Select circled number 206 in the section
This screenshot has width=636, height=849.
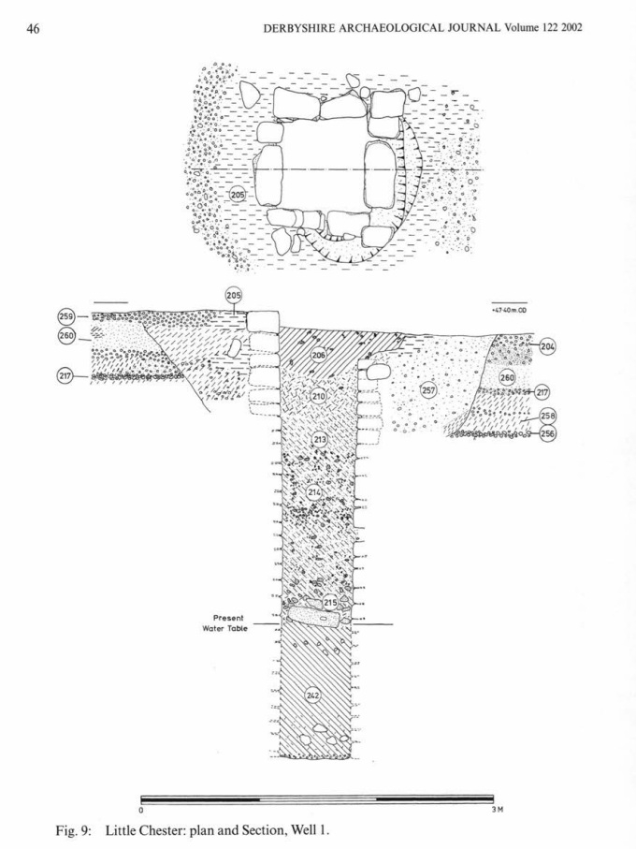tap(318, 355)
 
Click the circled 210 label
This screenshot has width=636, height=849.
tap(318, 397)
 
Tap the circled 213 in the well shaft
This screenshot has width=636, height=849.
tap(320, 439)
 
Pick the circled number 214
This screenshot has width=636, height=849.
tap(314, 491)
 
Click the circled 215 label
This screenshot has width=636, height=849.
tap(330, 604)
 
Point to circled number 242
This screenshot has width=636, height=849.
tap(313, 694)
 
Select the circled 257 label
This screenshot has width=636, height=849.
tap(428, 390)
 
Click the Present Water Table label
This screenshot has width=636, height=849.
tap(229, 623)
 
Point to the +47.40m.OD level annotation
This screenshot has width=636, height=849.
tap(509, 310)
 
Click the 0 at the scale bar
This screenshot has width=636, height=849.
tap(141, 811)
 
